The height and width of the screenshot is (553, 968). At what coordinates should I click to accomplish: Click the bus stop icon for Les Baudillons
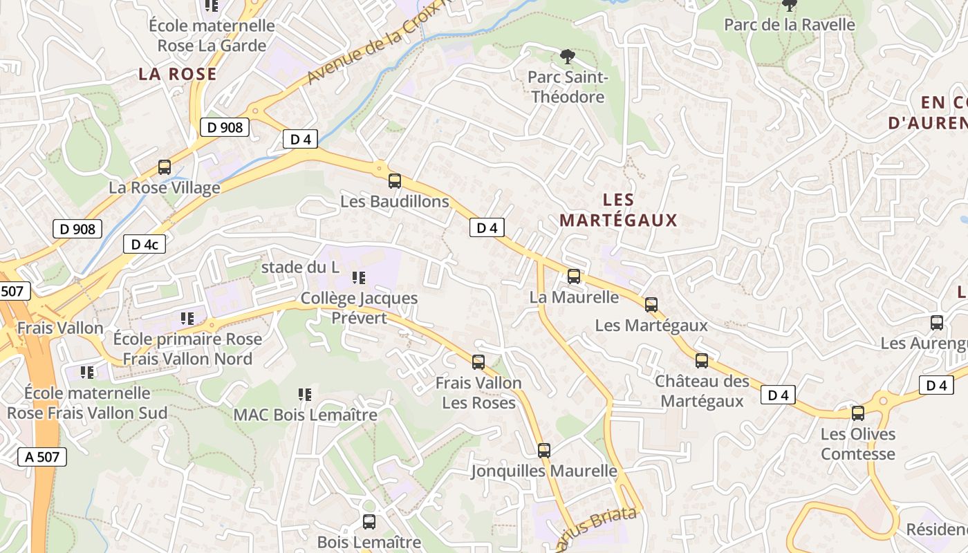(395, 181)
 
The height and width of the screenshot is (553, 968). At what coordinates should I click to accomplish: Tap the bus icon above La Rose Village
(165, 167)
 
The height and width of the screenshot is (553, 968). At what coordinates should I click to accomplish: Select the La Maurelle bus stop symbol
(574, 276)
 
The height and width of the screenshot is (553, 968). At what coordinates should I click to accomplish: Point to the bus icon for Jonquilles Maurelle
(544, 451)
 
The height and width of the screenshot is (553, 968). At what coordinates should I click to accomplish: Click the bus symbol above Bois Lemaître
(369, 522)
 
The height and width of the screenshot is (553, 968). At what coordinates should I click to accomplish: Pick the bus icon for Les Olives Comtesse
(858, 413)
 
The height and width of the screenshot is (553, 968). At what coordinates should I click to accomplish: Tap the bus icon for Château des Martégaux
(702, 361)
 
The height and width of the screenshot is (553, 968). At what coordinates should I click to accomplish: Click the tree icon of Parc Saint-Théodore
(567, 56)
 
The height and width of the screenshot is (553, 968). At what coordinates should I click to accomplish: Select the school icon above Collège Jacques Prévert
(359, 278)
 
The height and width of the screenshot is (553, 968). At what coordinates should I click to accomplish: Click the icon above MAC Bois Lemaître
(305, 395)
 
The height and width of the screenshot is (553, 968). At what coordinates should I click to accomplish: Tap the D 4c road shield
(145, 244)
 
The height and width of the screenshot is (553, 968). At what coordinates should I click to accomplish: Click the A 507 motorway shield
(42, 456)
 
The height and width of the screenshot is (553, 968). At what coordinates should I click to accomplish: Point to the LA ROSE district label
(178, 74)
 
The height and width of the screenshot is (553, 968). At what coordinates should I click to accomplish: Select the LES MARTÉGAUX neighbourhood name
(618, 210)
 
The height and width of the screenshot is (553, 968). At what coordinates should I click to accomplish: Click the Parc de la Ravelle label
(789, 25)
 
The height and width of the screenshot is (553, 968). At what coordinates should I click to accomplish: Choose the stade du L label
(300, 267)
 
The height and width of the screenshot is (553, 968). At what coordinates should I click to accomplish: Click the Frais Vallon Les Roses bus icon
(478, 362)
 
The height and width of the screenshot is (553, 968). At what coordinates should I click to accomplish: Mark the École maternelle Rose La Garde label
(212, 36)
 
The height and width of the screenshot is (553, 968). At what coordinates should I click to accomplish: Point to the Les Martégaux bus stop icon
(651, 305)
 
